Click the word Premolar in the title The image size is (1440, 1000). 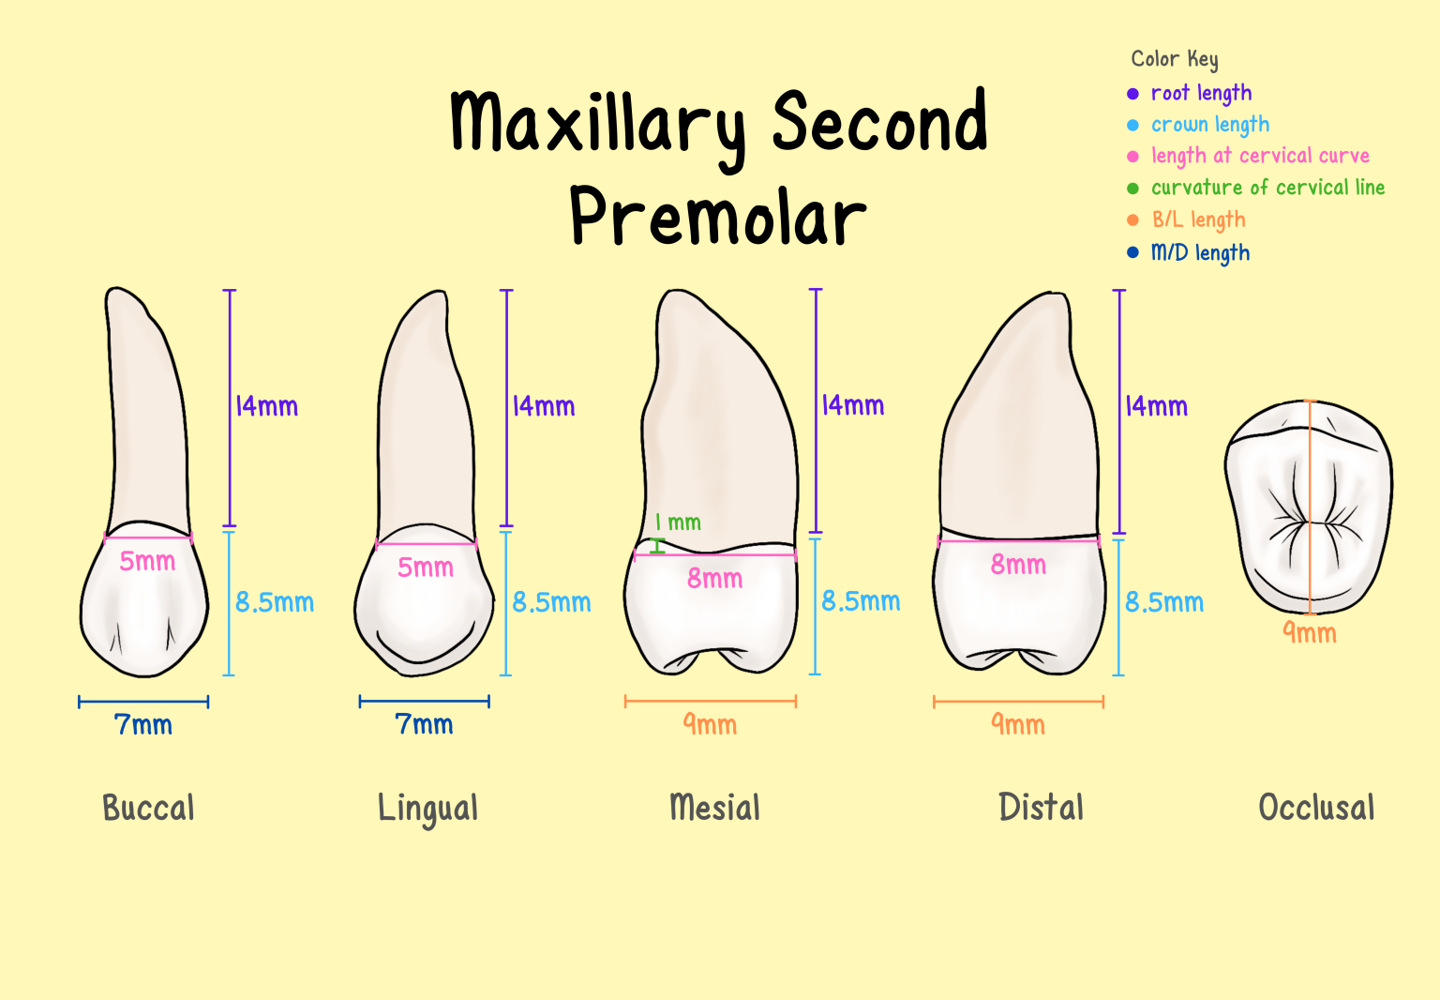coord(717,218)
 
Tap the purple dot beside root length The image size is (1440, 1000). coord(1132,94)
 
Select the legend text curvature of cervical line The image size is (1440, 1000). coord(1267,188)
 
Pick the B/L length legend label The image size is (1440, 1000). coord(1198,220)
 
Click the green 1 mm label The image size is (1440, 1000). coord(678,523)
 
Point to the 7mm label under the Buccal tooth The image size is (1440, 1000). coord(143,725)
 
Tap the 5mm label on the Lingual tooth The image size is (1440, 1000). coord(426,568)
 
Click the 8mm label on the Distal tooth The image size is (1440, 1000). coord(1018,565)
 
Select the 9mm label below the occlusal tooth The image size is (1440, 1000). coord(1310,633)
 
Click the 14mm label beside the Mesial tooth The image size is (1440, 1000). coord(853,405)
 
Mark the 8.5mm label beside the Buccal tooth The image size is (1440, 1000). coord(274,602)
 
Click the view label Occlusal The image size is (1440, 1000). coord(1316,808)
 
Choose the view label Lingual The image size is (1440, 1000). coord(427,808)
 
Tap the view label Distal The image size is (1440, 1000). coord(1041,808)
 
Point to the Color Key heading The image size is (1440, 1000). coord(1175,59)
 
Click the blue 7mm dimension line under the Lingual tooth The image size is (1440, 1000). coord(424,701)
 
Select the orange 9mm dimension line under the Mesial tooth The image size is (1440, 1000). coord(710,701)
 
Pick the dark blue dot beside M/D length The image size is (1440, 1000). coord(1132,252)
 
